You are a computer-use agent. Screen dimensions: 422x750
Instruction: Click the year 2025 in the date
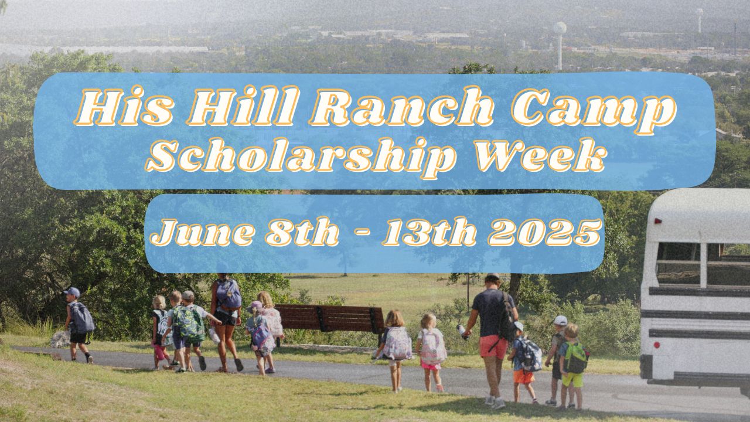(x=545, y=232)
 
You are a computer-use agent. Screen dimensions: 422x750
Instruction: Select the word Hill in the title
(x=229, y=110)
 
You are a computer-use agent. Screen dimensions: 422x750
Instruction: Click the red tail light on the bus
(x=657, y=222)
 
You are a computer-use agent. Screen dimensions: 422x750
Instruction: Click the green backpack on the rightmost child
(x=577, y=357)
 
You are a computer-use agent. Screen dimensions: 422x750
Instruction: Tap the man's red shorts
(x=493, y=346)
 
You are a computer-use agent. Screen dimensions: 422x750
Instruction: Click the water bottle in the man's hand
(x=462, y=332)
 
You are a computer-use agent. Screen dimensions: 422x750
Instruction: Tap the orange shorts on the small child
(x=523, y=376)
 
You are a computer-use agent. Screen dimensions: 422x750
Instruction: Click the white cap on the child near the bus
(x=561, y=321)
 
